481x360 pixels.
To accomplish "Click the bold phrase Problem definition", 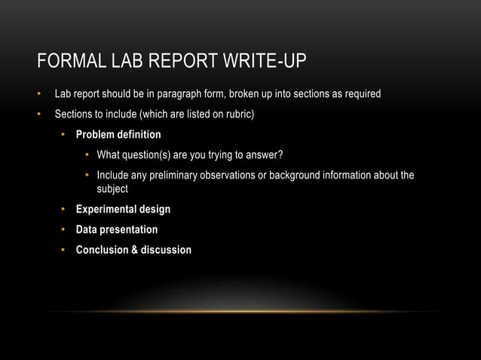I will [118, 135].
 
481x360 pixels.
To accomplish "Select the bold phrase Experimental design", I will [123, 209].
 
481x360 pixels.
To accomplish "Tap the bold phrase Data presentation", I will [117, 229].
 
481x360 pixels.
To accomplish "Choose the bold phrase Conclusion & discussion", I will [133, 249].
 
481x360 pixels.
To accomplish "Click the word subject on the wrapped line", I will [112, 188].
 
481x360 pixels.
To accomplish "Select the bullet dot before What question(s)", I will [87, 155].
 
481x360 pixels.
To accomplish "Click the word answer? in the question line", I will [265, 155].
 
